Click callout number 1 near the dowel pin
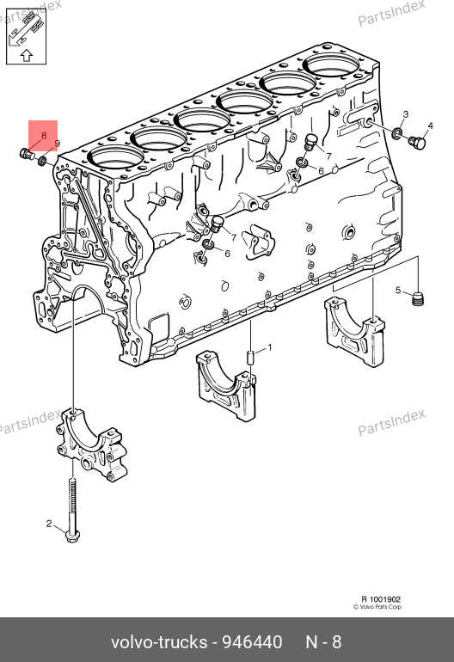[x=270, y=348]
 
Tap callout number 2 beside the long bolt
[x=49, y=524]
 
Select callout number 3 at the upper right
[x=406, y=114]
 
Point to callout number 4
[x=430, y=126]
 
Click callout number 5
[x=398, y=290]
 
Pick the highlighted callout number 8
[x=44, y=136]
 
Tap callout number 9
[x=58, y=144]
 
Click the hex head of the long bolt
[x=71, y=536]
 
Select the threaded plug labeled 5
[x=417, y=299]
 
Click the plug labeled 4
[x=418, y=143]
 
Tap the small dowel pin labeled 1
[x=250, y=358]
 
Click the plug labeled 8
[x=27, y=155]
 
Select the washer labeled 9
[x=42, y=161]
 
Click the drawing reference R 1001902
[x=381, y=599]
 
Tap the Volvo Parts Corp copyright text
[x=377, y=607]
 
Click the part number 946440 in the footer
[x=252, y=641]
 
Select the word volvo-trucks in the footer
[x=159, y=642]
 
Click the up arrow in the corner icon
[x=27, y=55]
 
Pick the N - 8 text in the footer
[x=323, y=641]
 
